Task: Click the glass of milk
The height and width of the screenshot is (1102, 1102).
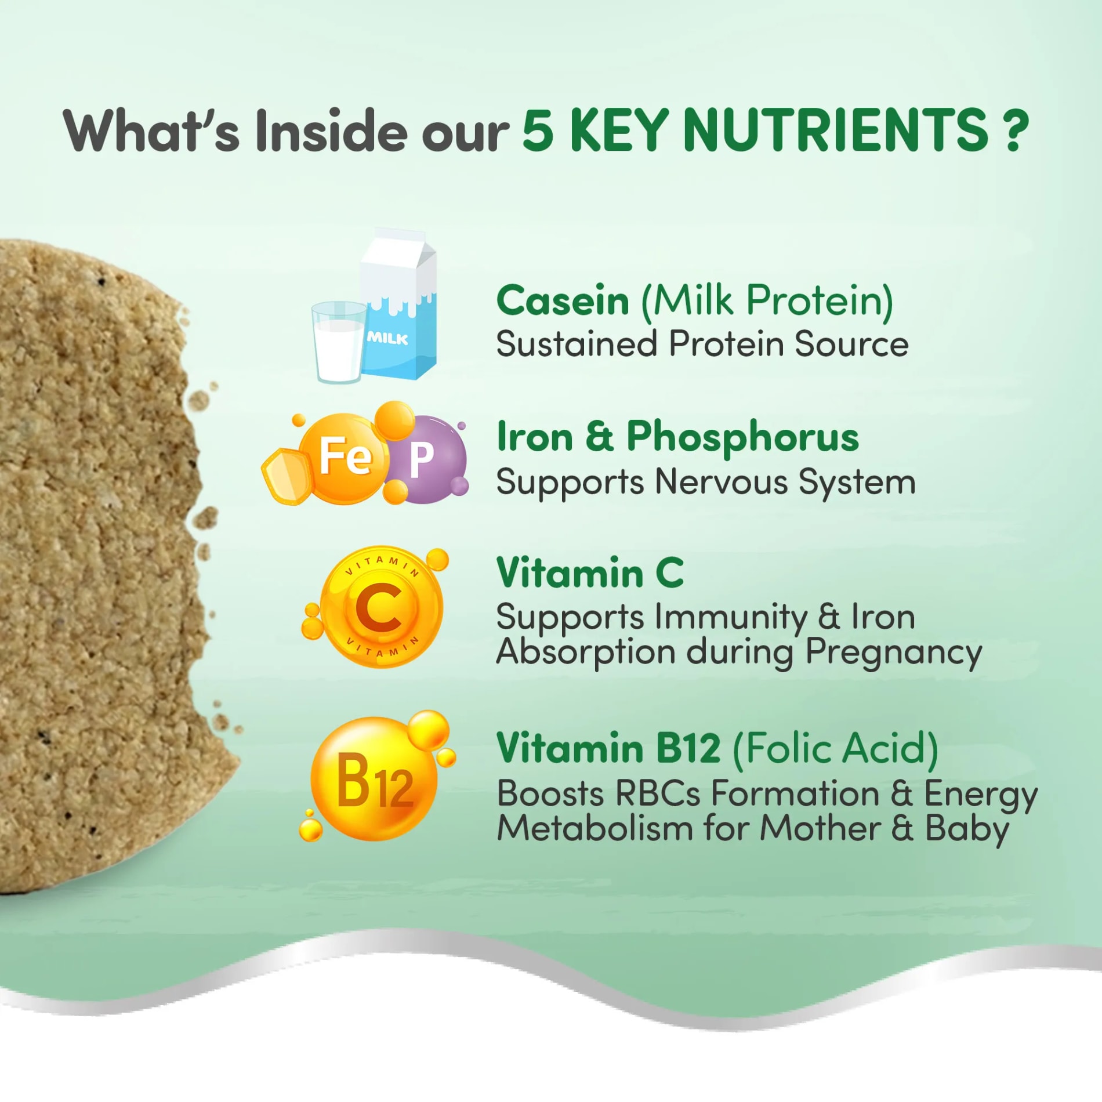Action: [339, 342]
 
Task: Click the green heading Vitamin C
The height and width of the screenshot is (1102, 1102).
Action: [590, 572]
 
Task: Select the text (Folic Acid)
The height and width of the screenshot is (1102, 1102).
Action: [835, 749]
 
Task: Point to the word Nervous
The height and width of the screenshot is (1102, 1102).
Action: [722, 482]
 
